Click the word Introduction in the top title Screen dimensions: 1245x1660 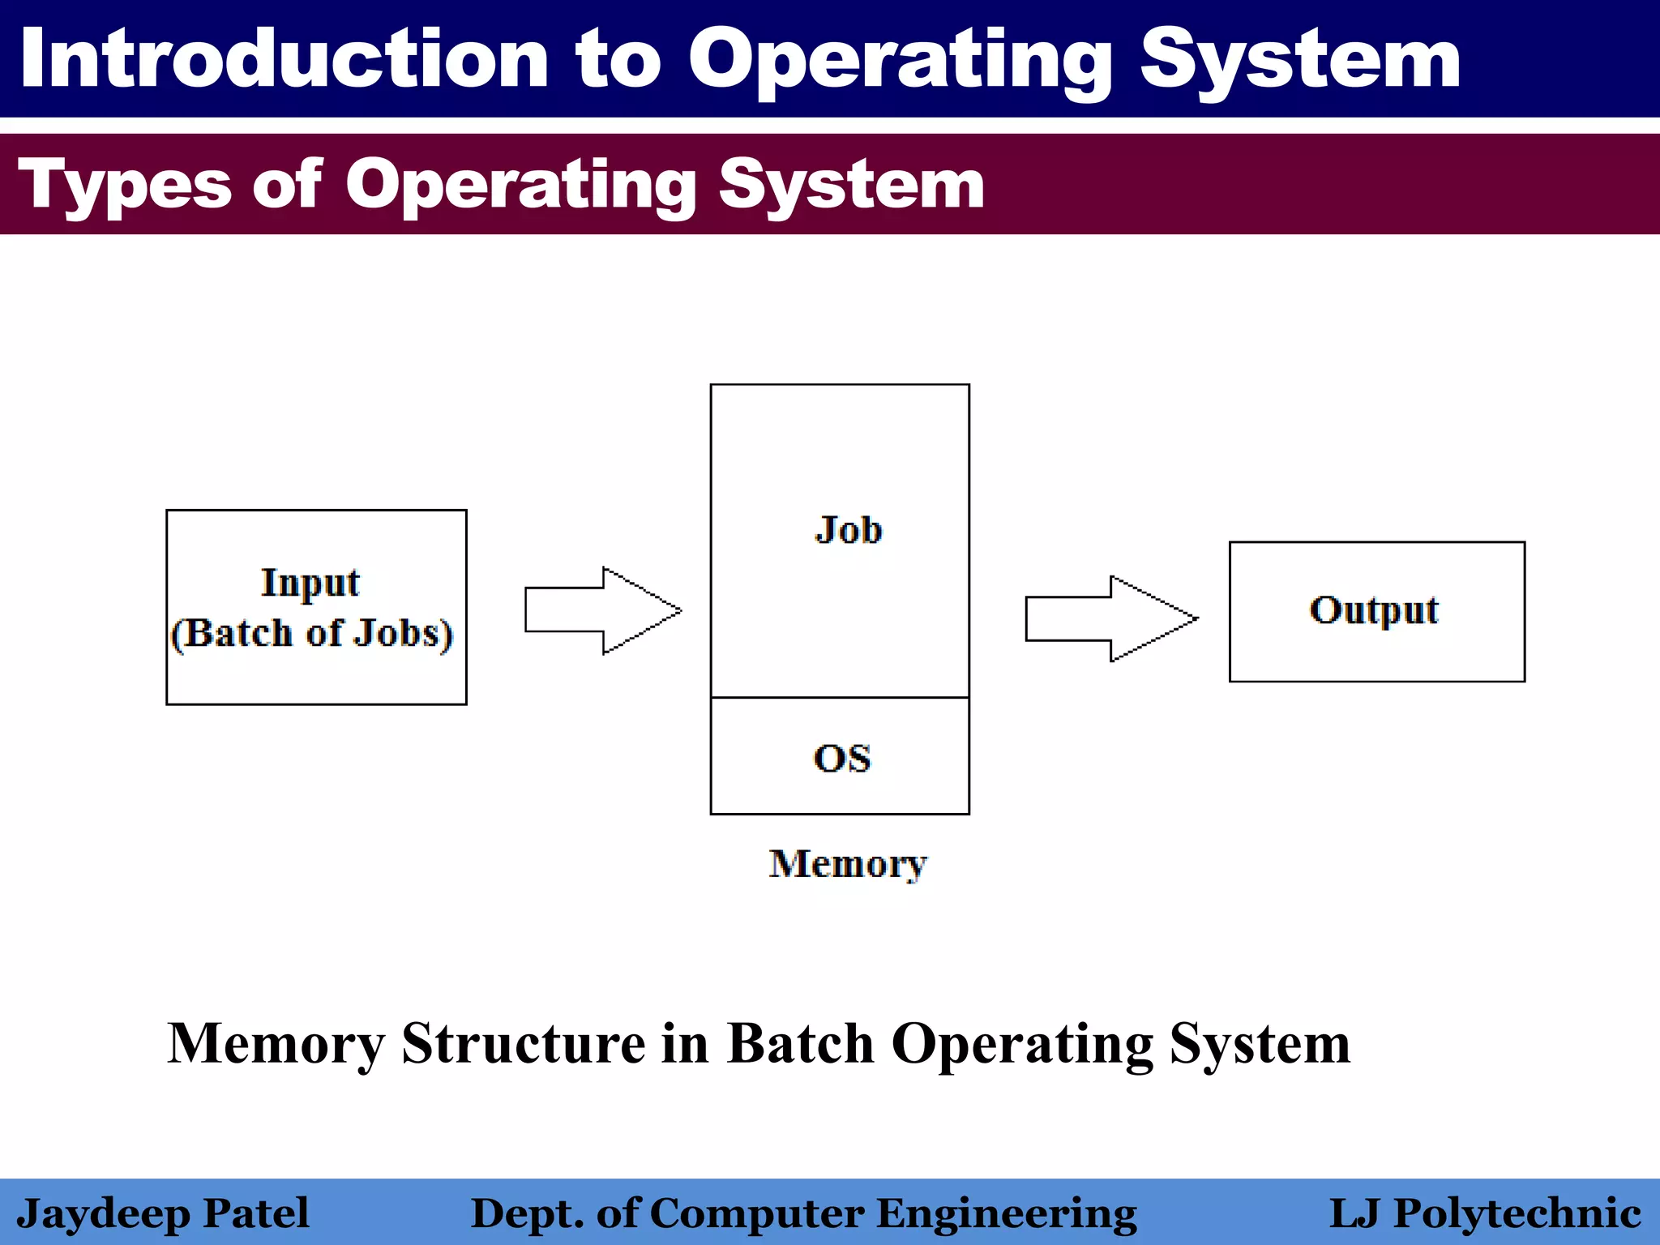point(284,58)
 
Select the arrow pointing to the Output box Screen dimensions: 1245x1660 point(1110,618)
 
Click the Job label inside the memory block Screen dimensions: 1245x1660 point(848,530)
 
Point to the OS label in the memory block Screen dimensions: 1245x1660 point(842,759)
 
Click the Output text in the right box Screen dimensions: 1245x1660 point(1374,610)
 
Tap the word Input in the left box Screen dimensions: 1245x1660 point(310,583)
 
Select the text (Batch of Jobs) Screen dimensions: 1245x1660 point(311,633)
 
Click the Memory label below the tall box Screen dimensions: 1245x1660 point(847,864)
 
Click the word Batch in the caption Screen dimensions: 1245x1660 point(801,1043)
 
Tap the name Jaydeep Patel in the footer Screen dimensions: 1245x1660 point(162,1213)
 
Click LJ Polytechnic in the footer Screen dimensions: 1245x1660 point(1485,1213)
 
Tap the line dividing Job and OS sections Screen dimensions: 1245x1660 point(840,697)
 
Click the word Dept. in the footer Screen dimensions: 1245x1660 point(527,1213)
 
